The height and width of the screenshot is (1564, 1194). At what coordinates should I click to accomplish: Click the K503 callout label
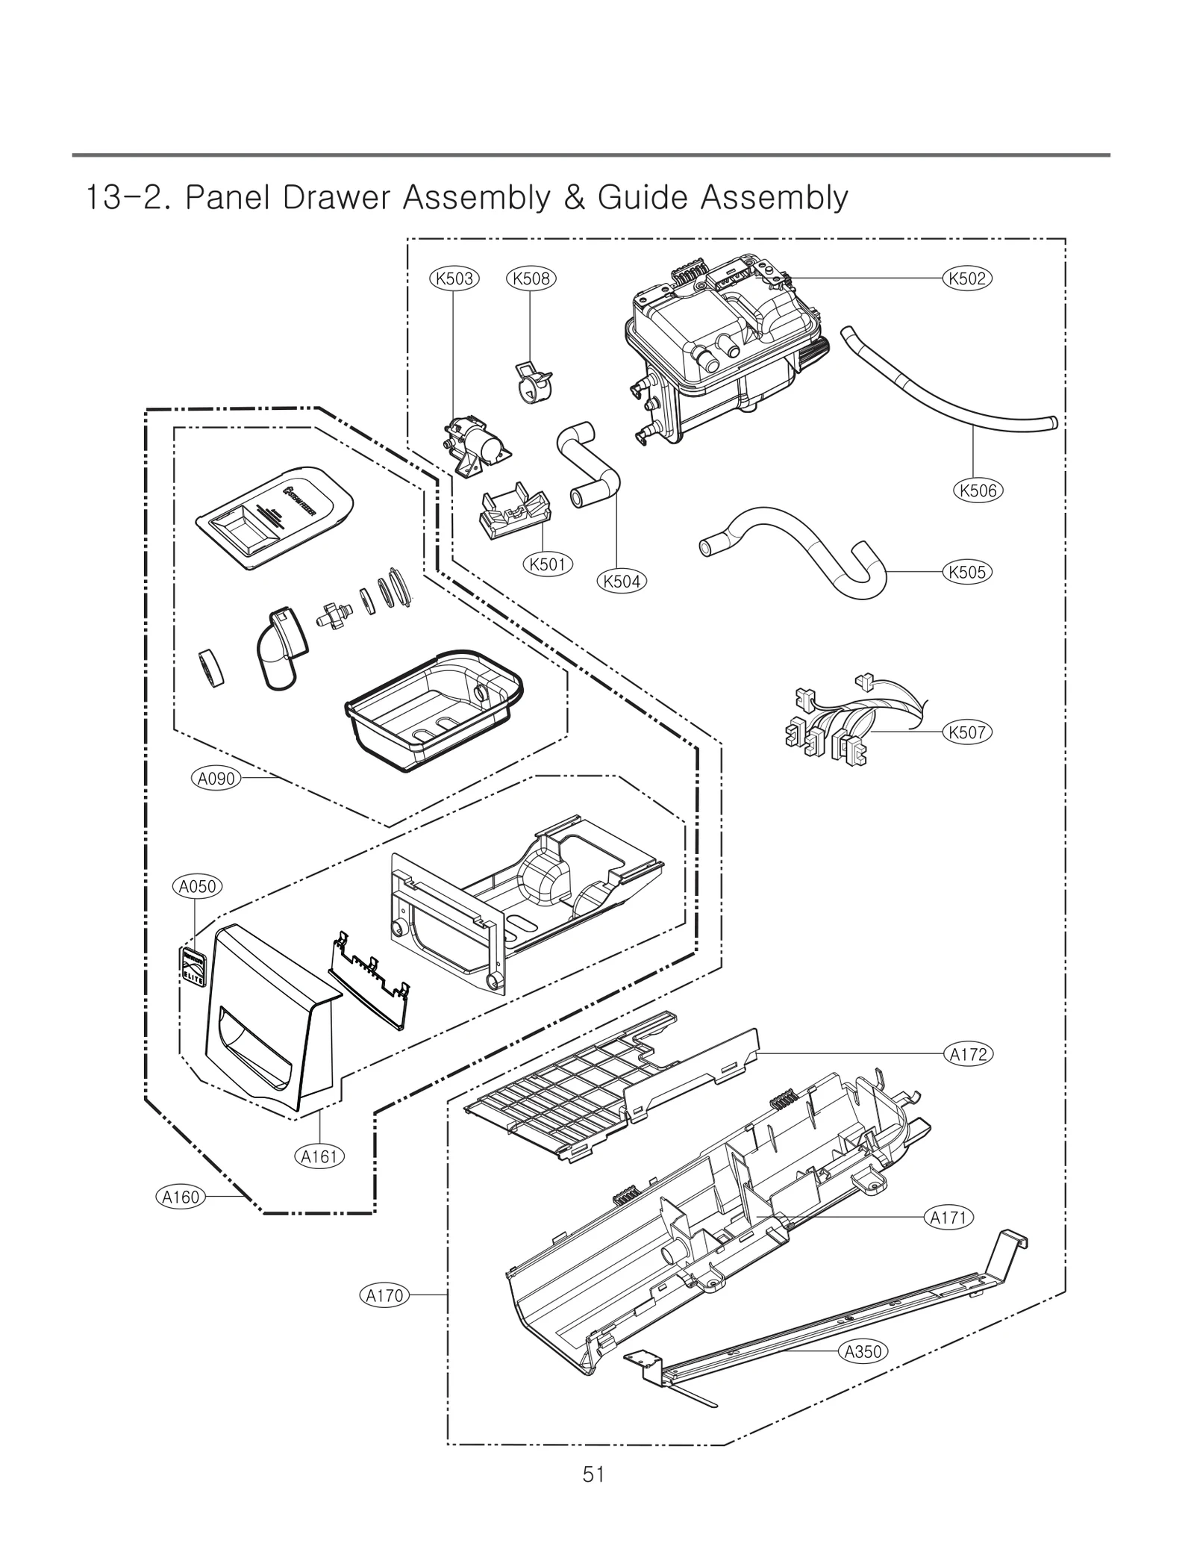[454, 278]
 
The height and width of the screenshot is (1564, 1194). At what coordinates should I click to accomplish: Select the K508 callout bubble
[531, 278]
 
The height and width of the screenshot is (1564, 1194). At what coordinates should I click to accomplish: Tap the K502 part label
[968, 278]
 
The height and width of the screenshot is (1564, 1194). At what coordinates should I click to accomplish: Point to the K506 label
[978, 490]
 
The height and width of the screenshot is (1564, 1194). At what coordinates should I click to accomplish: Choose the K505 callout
[968, 573]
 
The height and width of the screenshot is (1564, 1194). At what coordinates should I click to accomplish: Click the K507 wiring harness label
[968, 732]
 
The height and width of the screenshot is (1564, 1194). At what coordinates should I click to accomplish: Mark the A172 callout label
[969, 1054]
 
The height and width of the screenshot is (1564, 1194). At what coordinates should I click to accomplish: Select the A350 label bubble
[863, 1351]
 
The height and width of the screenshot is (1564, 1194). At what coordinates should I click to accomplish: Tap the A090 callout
[216, 779]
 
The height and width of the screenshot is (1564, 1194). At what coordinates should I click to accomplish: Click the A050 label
[198, 886]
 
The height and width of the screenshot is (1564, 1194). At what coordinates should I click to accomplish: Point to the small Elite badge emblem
[194, 968]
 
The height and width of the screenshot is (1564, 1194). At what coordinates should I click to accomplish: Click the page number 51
[594, 1474]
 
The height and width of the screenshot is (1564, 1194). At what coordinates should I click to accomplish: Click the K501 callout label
[547, 564]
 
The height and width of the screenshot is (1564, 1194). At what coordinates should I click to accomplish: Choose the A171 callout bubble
[949, 1218]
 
